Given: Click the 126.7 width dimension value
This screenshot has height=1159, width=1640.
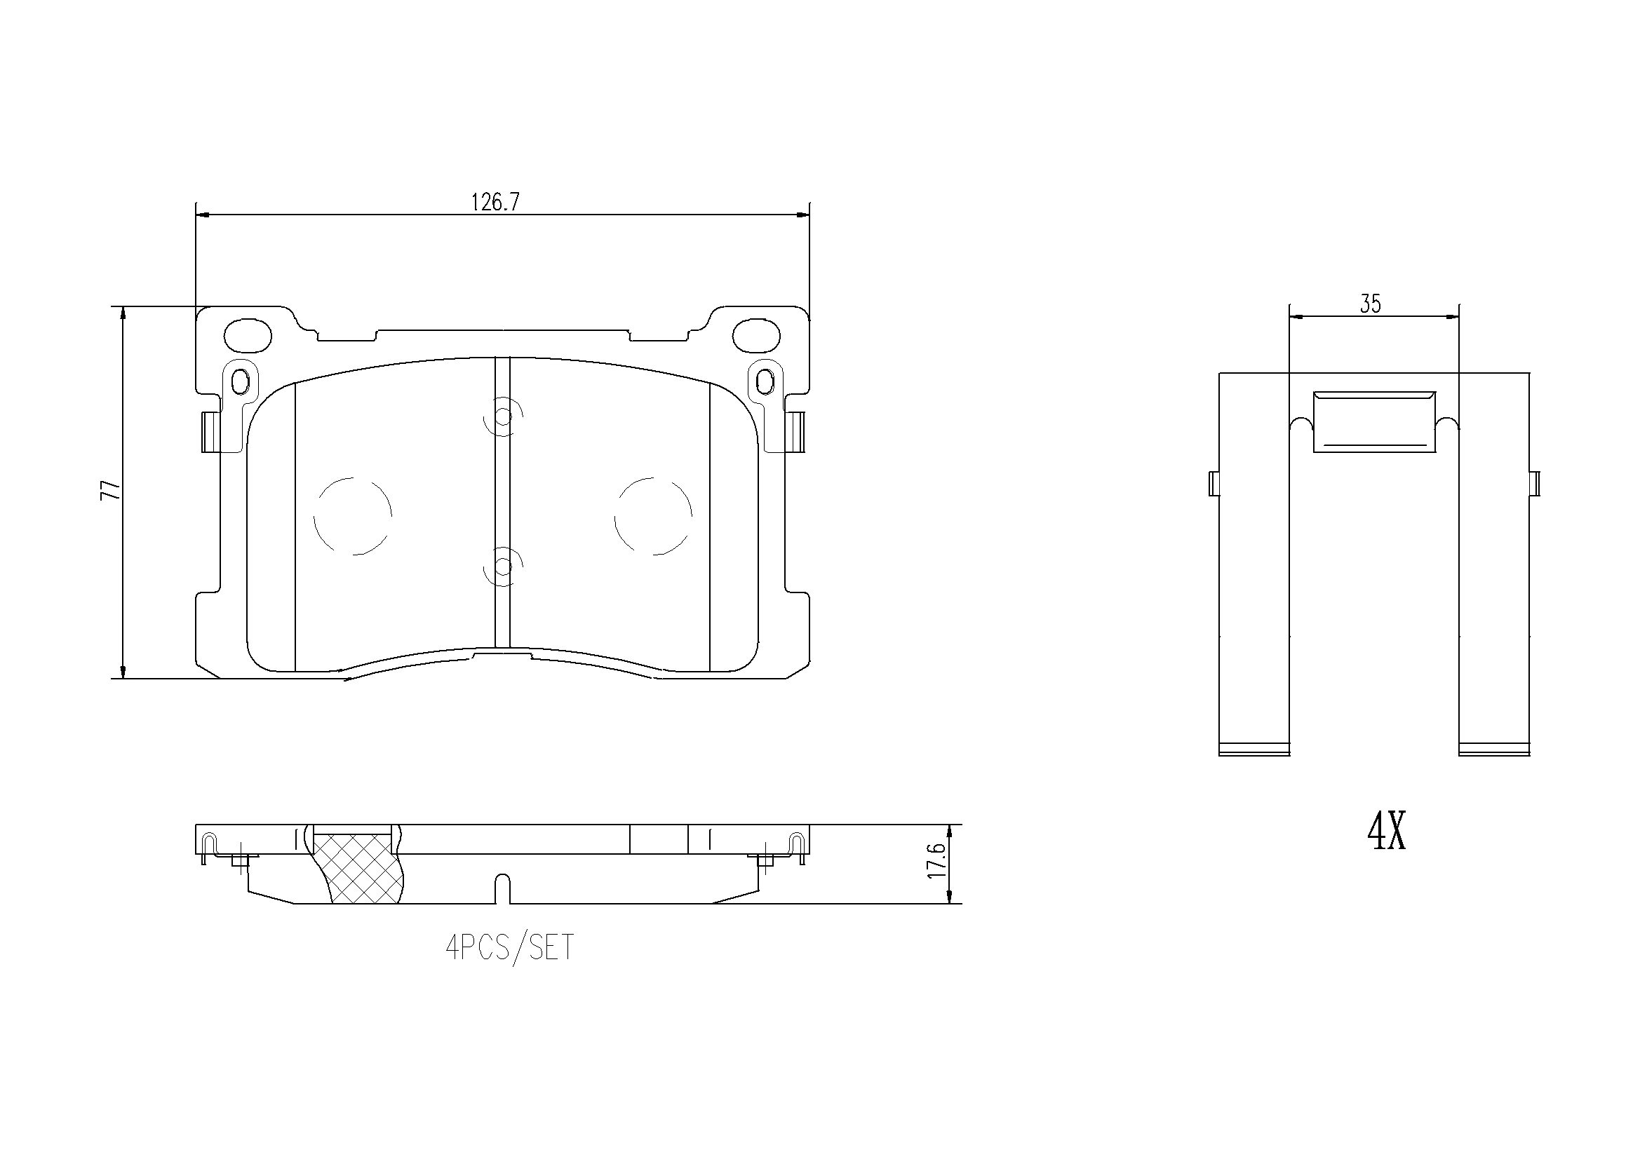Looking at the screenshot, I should pyautogui.click(x=495, y=203).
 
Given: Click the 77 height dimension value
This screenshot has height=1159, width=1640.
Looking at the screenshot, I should pyautogui.click(x=111, y=491).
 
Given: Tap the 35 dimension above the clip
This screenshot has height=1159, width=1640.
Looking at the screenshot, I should pyautogui.click(x=1370, y=304).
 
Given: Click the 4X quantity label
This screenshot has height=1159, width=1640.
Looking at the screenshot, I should pyautogui.click(x=1387, y=833).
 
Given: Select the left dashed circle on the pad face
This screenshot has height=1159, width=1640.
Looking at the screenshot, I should pyautogui.click(x=353, y=516).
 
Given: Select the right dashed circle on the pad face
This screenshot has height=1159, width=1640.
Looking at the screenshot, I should pyautogui.click(x=653, y=516).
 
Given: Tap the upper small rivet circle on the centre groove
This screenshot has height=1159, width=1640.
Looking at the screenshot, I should pyautogui.click(x=504, y=416).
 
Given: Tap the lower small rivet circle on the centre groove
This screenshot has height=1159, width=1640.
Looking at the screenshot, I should pyautogui.click(x=504, y=567).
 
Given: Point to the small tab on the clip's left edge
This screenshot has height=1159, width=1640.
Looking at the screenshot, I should pyautogui.click(x=1214, y=484).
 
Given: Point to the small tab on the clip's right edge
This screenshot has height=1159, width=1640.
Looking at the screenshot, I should pyautogui.click(x=1535, y=484).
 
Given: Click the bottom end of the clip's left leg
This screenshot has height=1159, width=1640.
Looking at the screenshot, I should pyautogui.click(x=1253, y=749).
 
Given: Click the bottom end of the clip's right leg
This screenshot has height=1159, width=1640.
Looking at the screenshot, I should pyautogui.click(x=1493, y=749).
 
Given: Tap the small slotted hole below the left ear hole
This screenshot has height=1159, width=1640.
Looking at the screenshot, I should pyautogui.click(x=241, y=383).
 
